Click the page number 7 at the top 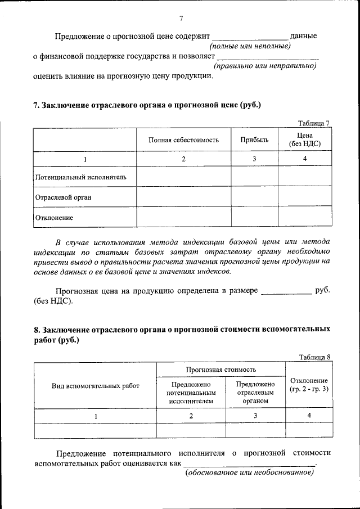click(181, 19)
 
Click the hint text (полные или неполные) click(249, 46)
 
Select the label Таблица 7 click(313, 123)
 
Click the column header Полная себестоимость click(183, 139)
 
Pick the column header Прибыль click(254, 139)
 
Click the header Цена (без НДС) click(304, 139)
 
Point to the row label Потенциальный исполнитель click(80, 177)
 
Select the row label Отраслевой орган click(63, 197)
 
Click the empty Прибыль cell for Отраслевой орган click(254, 197)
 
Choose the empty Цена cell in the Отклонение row click(304, 217)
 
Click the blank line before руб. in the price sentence click(286, 292)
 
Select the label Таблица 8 click(315, 357)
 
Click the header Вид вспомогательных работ click(95, 386)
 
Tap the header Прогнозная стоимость click(221, 370)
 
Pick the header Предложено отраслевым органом click(255, 393)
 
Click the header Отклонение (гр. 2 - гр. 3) click(309, 385)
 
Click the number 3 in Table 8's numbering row click(255, 416)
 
